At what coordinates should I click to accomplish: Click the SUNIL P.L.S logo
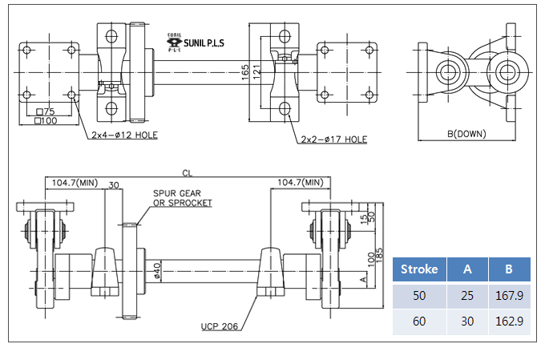[196, 42]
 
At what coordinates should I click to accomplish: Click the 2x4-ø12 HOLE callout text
[124, 135]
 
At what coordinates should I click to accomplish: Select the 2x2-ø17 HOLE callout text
[333, 140]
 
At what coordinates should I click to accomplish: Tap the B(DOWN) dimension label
[466, 134]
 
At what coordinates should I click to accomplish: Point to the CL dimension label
[188, 173]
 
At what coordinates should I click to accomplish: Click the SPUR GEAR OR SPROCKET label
[183, 198]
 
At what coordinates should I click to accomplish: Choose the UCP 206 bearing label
[220, 326]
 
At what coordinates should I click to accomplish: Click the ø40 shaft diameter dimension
[157, 271]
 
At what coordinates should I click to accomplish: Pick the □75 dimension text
[46, 111]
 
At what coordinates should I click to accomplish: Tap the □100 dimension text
[46, 121]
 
